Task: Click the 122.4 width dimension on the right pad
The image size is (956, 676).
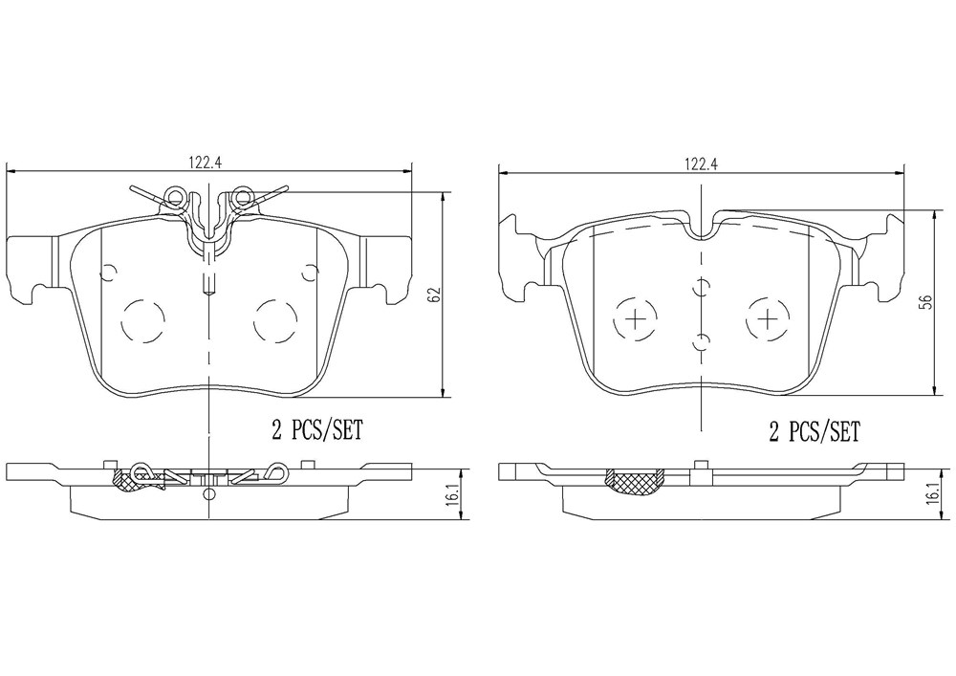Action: pos(701,164)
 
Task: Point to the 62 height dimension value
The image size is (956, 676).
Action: pos(433,294)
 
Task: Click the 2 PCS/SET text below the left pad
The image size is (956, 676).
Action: pos(316,431)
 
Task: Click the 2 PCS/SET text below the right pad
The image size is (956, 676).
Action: pos(814,431)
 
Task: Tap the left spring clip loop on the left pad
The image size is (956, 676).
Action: pos(176,196)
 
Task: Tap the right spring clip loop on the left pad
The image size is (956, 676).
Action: pos(243,196)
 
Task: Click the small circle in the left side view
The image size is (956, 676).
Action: pos(209,494)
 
